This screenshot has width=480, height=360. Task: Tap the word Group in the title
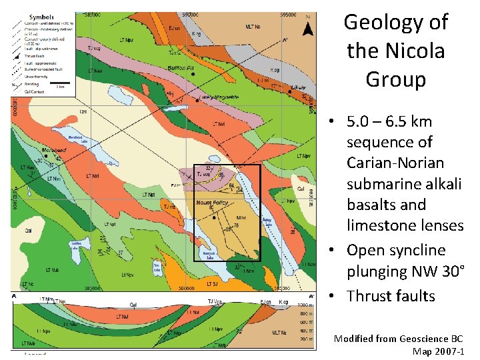(x=395, y=80)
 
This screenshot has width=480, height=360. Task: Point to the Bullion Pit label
(x=180, y=68)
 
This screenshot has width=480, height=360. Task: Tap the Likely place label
(x=299, y=87)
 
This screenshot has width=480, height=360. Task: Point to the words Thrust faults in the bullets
(x=391, y=296)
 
